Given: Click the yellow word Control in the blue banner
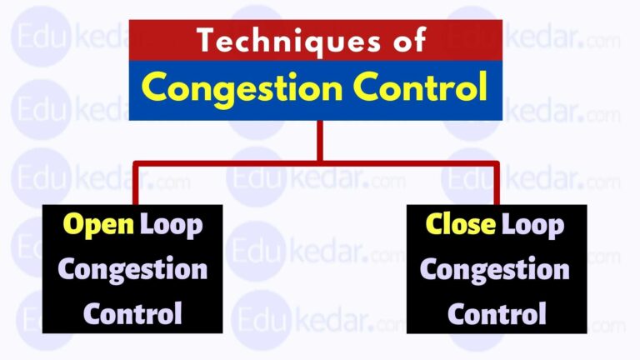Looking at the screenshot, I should pyautogui.click(x=423, y=88).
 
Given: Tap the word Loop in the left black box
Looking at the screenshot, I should pyautogui.click(x=171, y=225).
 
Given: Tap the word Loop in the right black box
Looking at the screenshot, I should pyautogui.click(x=532, y=225).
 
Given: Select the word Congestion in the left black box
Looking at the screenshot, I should pyautogui.click(x=132, y=269).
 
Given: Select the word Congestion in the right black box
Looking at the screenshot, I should pyautogui.click(x=495, y=269).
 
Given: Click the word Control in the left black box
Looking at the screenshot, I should pyautogui.click(x=133, y=313).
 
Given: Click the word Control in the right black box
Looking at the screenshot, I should pyautogui.click(x=496, y=313).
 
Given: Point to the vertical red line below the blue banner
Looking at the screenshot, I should pyautogui.click(x=318, y=140).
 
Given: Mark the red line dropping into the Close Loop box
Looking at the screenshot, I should pyautogui.click(x=497, y=183).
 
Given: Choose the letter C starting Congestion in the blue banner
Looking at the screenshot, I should pyautogui.click(x=154, y=88).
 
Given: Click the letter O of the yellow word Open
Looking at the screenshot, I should pyautogui.click(x=73, y=225).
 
